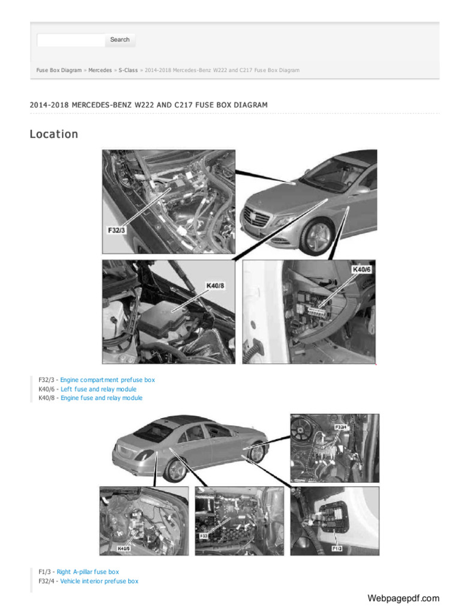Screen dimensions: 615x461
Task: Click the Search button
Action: [x=120, y=40]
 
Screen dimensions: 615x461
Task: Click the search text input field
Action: [x=71, y=40]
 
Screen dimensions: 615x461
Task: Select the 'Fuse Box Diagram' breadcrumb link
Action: [x=59, y=70]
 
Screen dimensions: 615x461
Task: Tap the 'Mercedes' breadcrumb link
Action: [x=100, y=70]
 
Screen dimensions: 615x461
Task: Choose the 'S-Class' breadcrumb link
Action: [x=128, y=70]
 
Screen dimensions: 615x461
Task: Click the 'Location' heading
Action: [x=54, y=134]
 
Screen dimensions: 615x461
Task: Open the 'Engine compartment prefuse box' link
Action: [x=107, y=380]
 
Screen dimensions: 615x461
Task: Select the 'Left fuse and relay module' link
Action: [x=98, y=389]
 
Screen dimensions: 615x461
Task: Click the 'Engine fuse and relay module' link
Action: [x=101, y=398]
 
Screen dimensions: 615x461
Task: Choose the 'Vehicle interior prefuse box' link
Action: [x=99, y=581]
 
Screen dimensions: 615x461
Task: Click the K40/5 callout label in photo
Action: [x=124, y=548]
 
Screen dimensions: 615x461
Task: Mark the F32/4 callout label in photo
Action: [x=340, y=428]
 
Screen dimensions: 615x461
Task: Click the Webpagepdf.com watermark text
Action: [x=403, y=598]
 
